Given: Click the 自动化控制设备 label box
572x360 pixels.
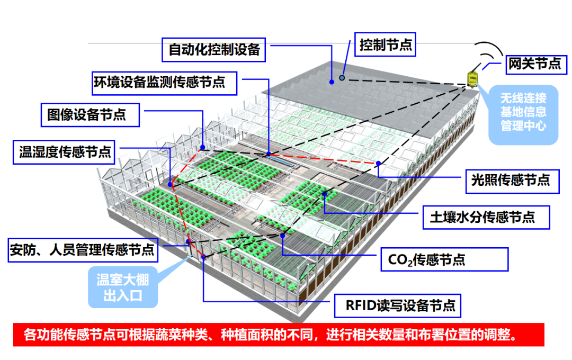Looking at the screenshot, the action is coord(214,50).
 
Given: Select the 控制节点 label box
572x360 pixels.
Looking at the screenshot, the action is coord(386,44).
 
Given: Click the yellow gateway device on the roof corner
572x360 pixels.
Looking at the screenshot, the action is coord(470,78).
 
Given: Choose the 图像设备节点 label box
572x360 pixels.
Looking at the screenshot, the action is coord(90,114).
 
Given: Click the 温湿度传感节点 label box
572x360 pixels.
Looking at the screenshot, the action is coord(66,152).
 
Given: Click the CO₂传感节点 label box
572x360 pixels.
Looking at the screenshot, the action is coord(444,259).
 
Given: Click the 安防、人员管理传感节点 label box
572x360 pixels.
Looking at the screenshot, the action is coord(83,249).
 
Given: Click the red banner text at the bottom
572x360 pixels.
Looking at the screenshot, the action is coord(270,335).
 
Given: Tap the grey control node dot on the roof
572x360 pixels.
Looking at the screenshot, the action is coord(342,78).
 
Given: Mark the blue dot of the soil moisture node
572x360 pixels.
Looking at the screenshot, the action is coord(324,195).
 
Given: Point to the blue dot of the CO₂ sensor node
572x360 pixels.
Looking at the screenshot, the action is coord(283,235).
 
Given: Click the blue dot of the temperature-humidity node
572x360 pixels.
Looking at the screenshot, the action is coord(171,184).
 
